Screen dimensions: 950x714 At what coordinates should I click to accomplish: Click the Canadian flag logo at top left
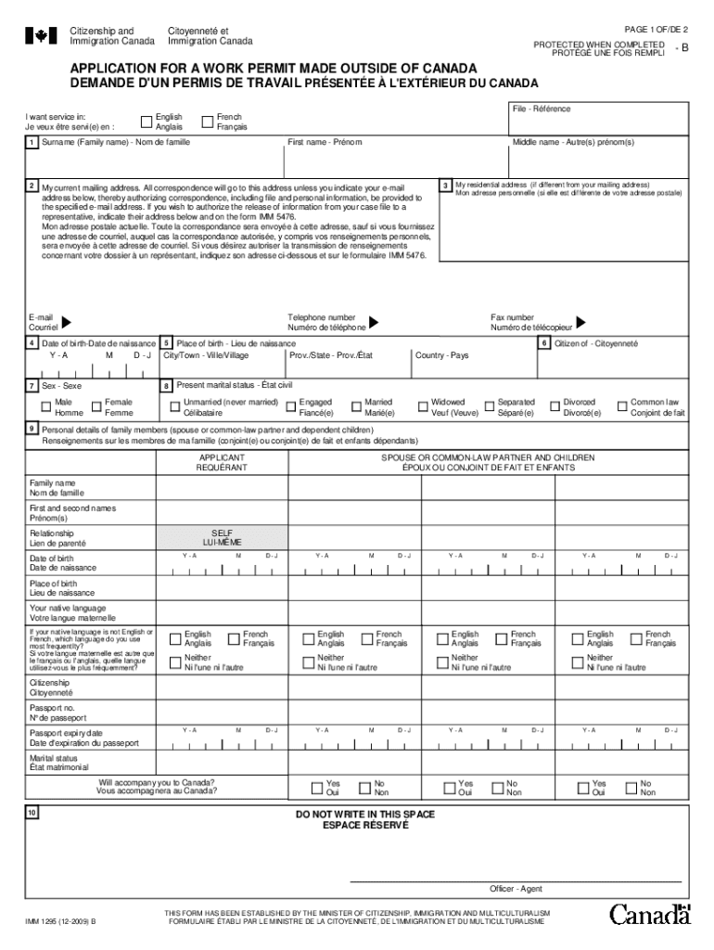click(40, 36)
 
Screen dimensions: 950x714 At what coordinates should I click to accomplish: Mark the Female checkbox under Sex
click(96, 405)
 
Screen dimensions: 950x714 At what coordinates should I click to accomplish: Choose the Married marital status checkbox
click(355, 405)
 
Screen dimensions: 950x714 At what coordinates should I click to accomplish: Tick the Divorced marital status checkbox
click(554, 405)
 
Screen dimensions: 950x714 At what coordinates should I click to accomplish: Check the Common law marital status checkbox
click(622, 405)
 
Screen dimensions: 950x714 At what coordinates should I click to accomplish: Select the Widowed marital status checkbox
click(422, 405)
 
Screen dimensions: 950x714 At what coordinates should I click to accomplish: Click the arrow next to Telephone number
click(373, 322)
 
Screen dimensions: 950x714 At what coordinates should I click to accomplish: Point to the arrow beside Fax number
click(580, 322)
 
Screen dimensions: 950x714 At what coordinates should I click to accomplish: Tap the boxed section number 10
click(32, 813)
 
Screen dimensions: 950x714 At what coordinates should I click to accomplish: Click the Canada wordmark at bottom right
click(650, 914)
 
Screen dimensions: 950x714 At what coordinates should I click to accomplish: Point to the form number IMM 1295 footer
click(61, 921)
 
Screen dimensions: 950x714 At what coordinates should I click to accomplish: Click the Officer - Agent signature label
click(516, 889)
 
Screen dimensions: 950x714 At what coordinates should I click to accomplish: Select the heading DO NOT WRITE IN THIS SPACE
click(364, 814)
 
